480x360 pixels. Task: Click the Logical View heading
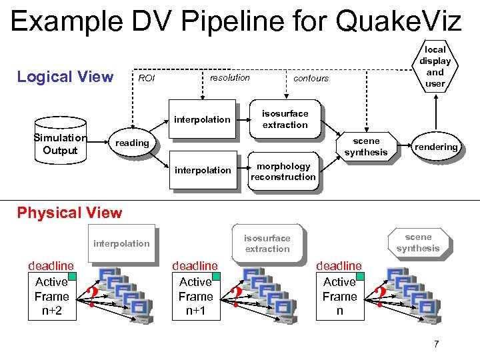[65, 77]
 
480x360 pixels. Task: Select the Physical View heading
[69, 213]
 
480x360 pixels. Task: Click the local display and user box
[435, 67]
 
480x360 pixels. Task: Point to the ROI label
[146, 78]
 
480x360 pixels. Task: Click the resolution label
[229, 77]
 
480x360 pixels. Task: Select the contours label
[311, 78]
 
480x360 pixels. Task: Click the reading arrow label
[132, 143]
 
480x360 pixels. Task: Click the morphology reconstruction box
[283, 171]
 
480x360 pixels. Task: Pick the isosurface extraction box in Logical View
[285, 119]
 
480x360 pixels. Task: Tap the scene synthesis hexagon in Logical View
[366, 147]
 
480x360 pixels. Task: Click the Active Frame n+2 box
[51, 296]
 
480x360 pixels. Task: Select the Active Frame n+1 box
[195, 296]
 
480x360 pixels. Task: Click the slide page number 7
[436, 344]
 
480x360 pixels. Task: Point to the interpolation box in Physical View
[121, 243]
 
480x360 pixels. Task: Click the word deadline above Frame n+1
[195, 266]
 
